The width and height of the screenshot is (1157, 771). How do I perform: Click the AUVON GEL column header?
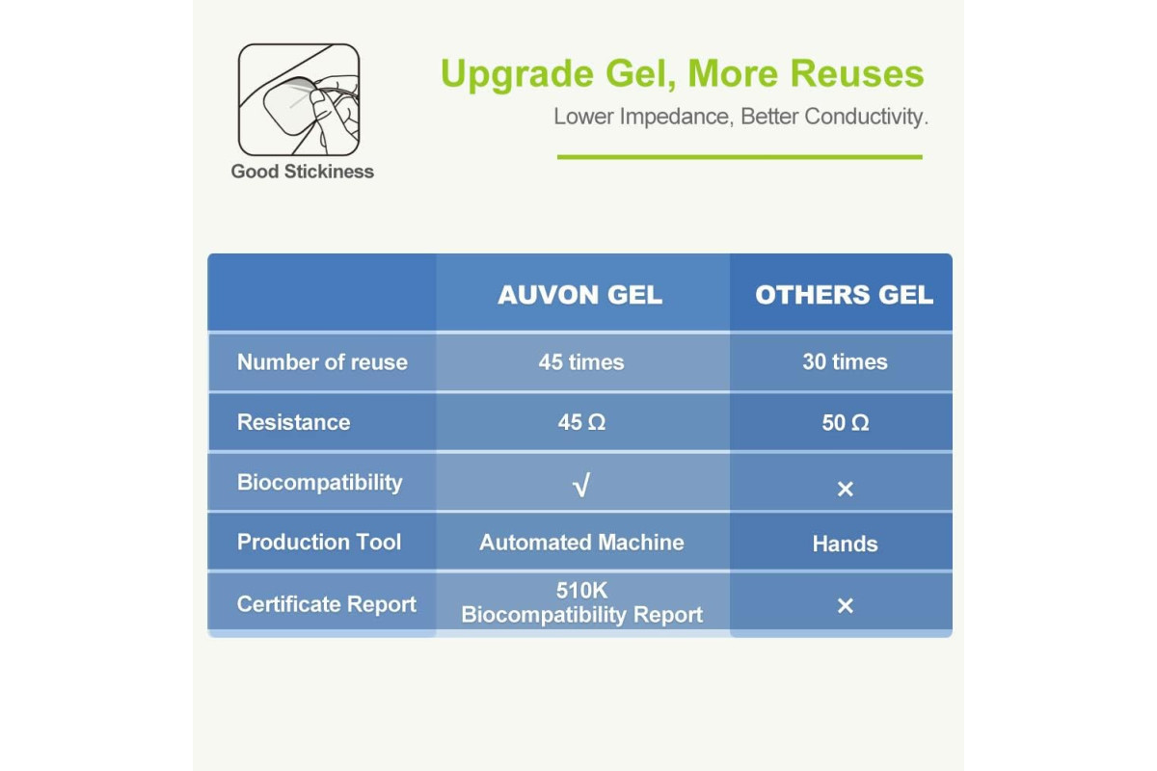pos(580,295)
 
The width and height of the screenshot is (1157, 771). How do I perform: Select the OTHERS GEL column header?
pos(844,295)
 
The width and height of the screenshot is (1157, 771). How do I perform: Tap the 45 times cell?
pos(581,362)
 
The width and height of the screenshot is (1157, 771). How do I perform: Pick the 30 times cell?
pos(845,361)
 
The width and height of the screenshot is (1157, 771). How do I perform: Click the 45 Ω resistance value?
pos(581,422)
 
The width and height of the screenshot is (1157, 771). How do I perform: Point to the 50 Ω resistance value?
pos(846,423)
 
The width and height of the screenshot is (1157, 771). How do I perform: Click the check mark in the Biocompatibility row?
pos(581,485)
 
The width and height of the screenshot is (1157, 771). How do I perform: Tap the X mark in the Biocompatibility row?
pos(845,489)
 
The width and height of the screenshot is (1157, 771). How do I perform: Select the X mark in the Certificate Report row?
pos(845,605)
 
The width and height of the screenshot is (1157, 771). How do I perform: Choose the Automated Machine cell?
pos(581,543)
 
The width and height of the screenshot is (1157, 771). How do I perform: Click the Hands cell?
pos(845,544)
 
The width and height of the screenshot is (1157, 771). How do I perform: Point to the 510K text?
pos(582,590)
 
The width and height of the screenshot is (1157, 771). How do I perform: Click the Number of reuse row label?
pos(322,362)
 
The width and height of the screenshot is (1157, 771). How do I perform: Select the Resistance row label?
pos(293,422)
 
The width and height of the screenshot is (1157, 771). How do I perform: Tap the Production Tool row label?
pos(319,542)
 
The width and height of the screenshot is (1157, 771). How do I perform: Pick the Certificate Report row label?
pos(327,604)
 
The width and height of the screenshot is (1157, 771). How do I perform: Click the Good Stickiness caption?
pos(302,172)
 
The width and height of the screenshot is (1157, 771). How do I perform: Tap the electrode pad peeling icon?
pos(299,99)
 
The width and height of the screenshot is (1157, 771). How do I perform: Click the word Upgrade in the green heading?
pos(517,75)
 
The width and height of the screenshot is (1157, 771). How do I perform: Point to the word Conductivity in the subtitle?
pos(866,117)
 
